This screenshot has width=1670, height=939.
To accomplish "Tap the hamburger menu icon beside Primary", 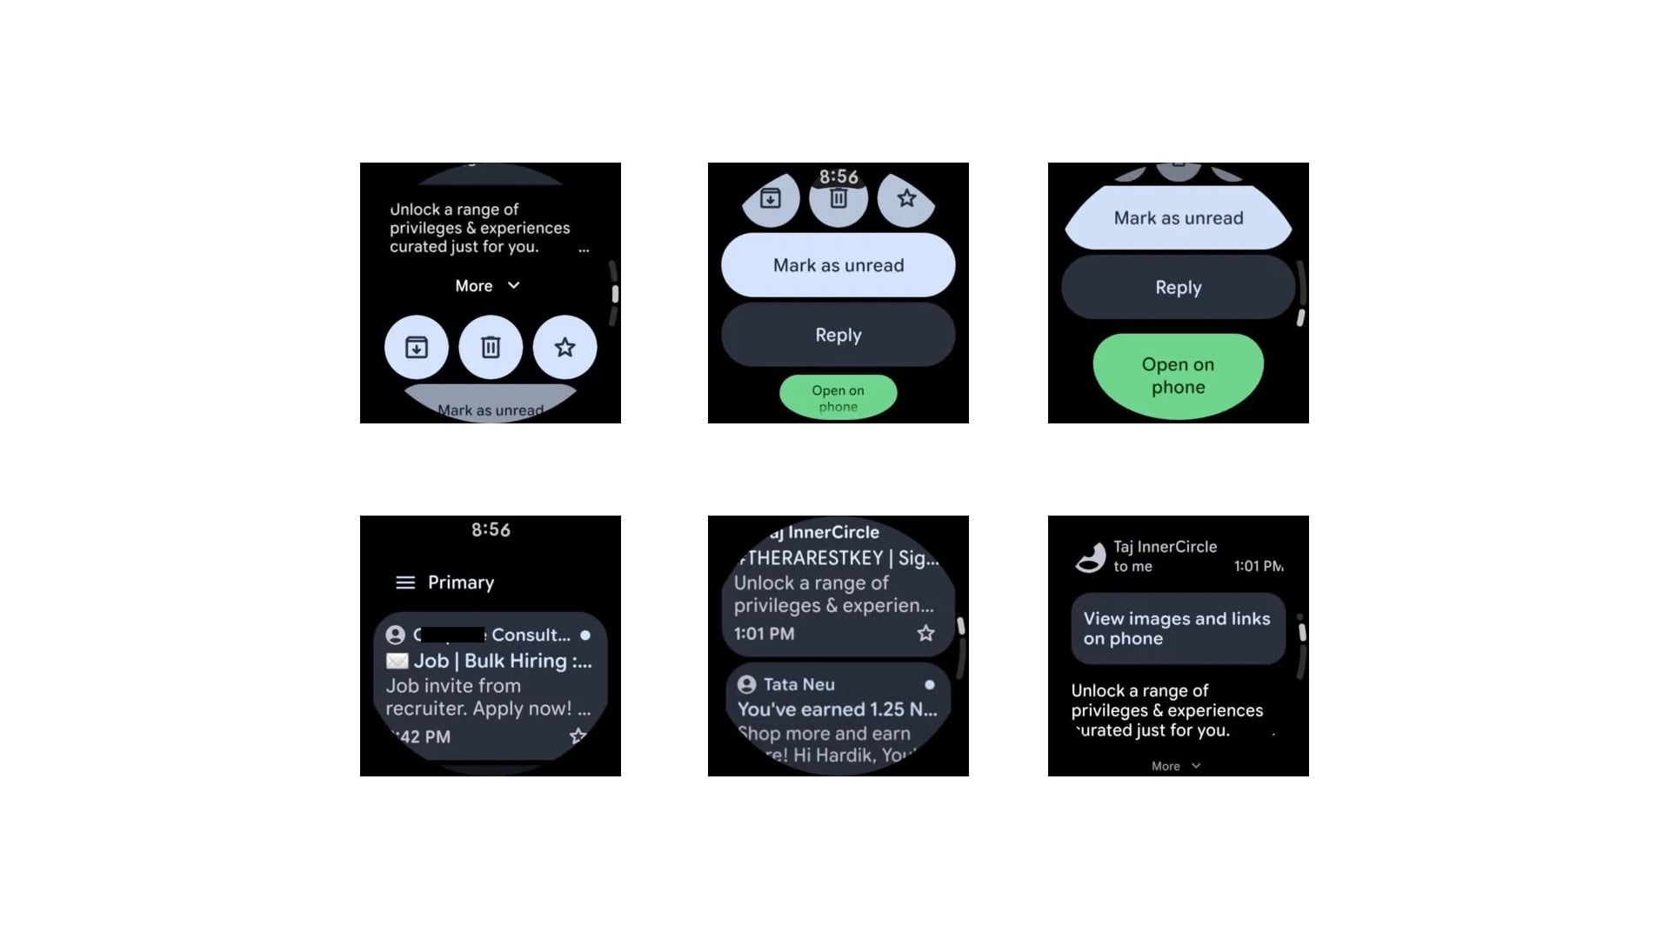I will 405,583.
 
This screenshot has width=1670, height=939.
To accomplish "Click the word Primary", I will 461,583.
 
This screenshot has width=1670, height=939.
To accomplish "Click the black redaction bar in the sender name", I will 452,635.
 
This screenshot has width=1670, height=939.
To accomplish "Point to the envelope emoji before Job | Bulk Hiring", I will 397,661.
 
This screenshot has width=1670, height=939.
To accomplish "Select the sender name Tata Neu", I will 798,684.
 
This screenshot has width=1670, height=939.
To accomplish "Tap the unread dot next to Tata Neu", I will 930,684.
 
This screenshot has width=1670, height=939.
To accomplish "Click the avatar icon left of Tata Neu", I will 746,684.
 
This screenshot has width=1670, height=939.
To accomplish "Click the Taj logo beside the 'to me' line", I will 1090,556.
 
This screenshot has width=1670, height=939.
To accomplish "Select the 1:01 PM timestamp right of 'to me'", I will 1258,566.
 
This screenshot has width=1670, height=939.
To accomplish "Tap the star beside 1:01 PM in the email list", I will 925,633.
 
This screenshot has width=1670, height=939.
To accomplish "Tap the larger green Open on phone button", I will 1178,376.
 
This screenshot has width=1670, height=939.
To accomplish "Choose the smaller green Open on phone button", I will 838,397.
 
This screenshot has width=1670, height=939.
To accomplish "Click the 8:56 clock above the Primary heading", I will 491,529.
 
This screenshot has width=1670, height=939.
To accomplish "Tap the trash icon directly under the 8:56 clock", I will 838,199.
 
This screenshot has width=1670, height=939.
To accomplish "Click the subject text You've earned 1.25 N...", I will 837,709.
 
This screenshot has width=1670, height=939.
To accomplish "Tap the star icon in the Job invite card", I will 578,736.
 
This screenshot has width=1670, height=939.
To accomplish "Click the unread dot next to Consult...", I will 585,635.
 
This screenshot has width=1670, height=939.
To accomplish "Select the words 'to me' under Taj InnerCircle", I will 1132,566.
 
